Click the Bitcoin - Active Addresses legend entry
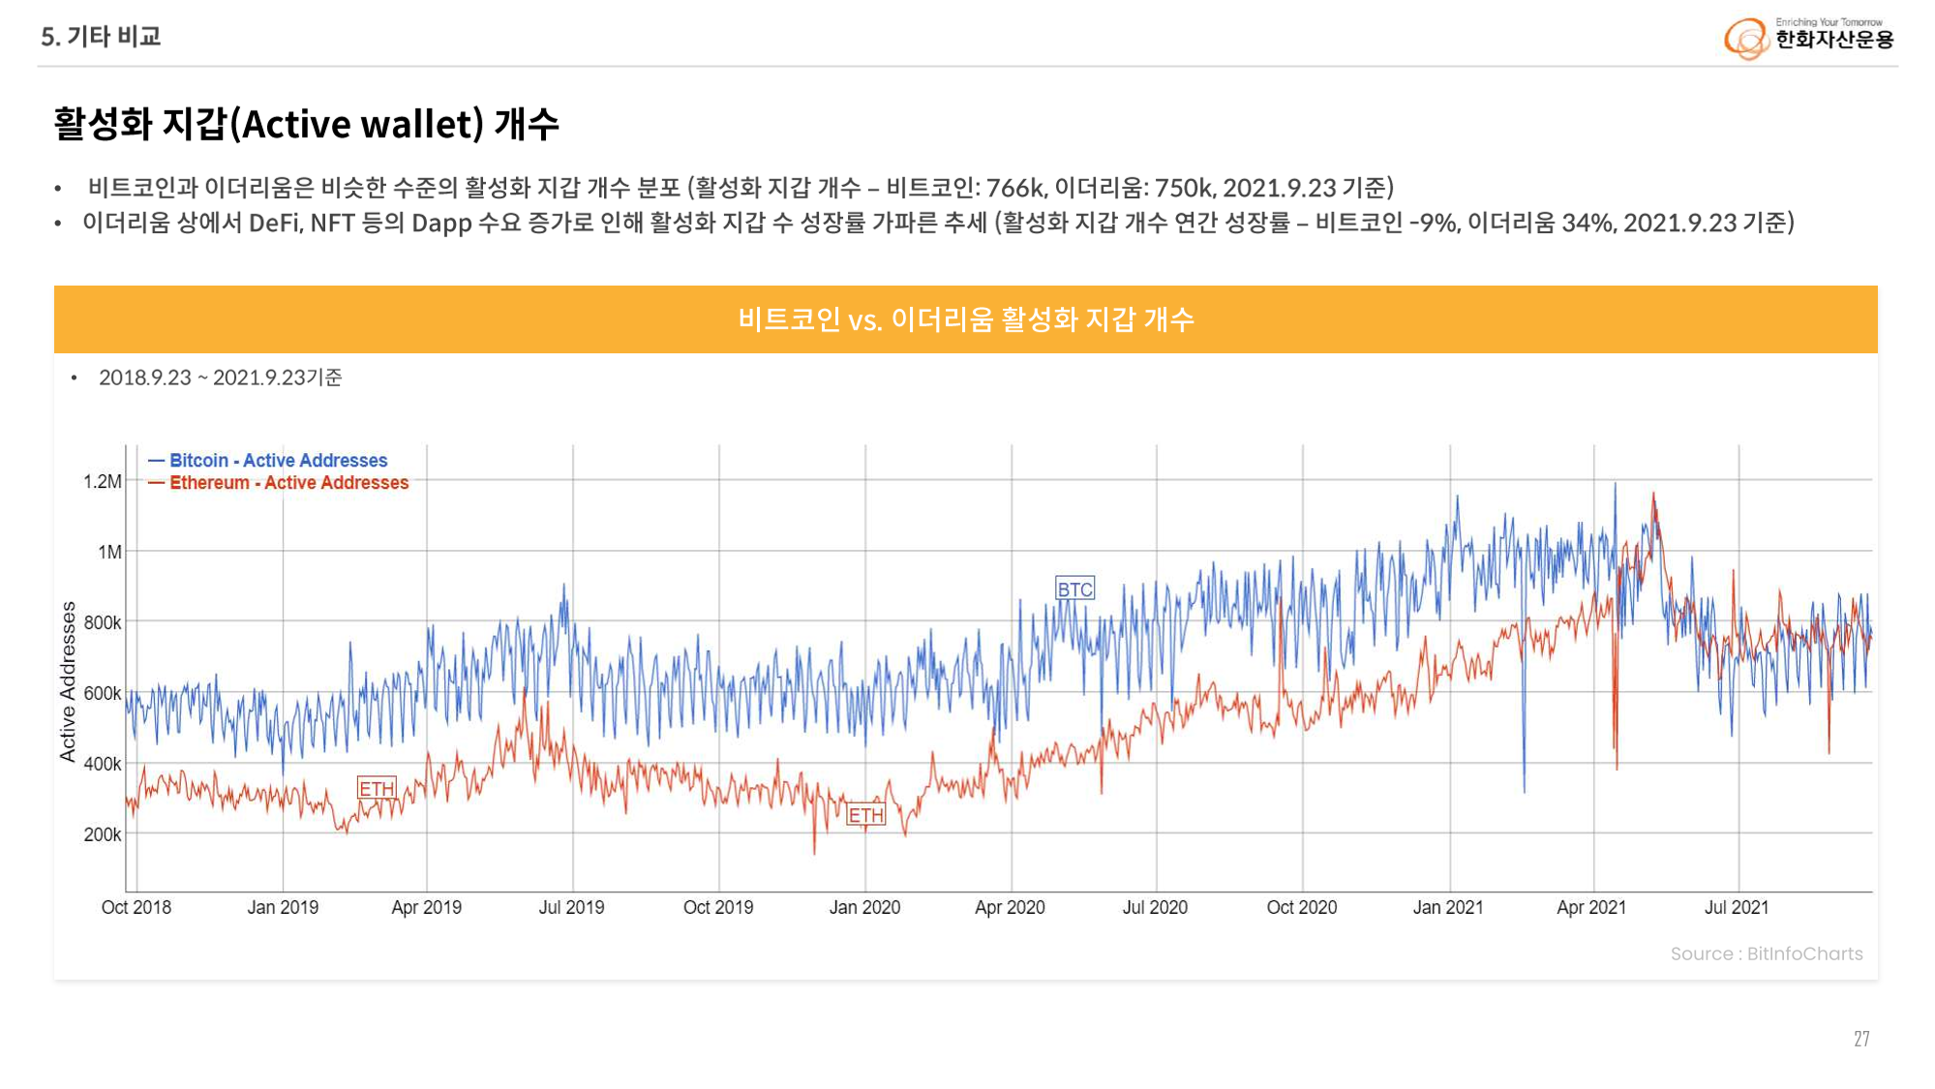pyautogui.click(x=278, y=461)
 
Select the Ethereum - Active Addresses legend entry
pyautogui.click(x=288, y=483)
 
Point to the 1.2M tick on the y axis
pyautogui.click(x=103, y=482)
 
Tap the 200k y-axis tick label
pyautogui.click(x=103, y=834)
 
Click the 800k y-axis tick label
pyautogui.click(x=103, y=623)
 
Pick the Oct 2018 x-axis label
pyautogui.click(x=136, y=908)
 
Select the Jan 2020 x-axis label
pyautogui.click(x=864, y=908)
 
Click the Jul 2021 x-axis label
pyautogui.click(x=1737, y=908)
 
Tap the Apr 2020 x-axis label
pyautogui.click(x=1010, y=908)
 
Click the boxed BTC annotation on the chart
pyautogui.click(x=1074, y=590)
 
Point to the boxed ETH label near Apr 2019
pyautogui.click(x=377, y=789)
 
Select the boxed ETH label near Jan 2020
pyautogui.click(x=865, y=815)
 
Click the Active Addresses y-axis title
pyautogui.click(x=68, y=681)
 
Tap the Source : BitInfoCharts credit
pyautogui.click(x=1766, y=954)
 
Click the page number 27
pyautogui.click(x=1861, y=1040)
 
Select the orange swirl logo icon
pyautogui.click(x=1746, y=39)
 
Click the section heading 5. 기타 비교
pyautogui.click(x=101, y=37)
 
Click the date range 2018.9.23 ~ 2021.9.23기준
pyautogui.click(x=221, y=378)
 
